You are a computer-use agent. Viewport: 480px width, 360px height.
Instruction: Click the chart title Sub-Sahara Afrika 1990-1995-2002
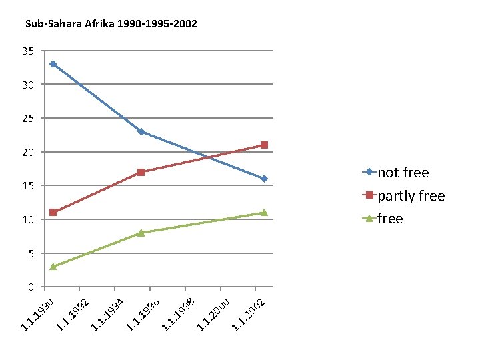(111, 24)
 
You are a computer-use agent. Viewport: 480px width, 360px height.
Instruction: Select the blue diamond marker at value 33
(53, 64)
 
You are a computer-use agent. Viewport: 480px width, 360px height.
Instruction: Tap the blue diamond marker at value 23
(141, 131)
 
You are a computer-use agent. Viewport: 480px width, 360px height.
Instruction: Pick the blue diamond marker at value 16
(264, 179)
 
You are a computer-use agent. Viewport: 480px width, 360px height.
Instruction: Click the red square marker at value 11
(53, 212)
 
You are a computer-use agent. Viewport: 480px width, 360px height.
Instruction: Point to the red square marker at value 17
(141, 172)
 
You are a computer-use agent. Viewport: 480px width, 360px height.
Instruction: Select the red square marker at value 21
(264, 145)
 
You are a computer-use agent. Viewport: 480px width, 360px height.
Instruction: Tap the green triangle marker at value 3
(53, 266)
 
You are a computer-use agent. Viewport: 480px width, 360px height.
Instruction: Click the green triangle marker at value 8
(141, 233)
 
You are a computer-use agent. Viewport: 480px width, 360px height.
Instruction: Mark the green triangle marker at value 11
(264, 213)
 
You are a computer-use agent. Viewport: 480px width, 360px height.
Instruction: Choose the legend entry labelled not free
(395, 173)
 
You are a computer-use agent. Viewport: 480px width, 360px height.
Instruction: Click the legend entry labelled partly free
(403, 195)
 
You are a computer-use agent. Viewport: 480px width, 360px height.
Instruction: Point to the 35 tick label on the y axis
(28, 51)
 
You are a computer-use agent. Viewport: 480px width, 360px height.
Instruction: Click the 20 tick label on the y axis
(28, 153)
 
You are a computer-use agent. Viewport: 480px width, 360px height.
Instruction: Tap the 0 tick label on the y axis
(31, 287)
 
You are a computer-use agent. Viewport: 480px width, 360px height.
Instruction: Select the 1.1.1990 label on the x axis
(37, 315)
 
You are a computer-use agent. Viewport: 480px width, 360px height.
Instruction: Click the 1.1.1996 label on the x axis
(143, 315)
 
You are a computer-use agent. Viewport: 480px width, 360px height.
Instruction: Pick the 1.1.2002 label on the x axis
(248, 315)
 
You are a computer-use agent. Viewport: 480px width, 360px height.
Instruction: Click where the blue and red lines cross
(209, 157)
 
